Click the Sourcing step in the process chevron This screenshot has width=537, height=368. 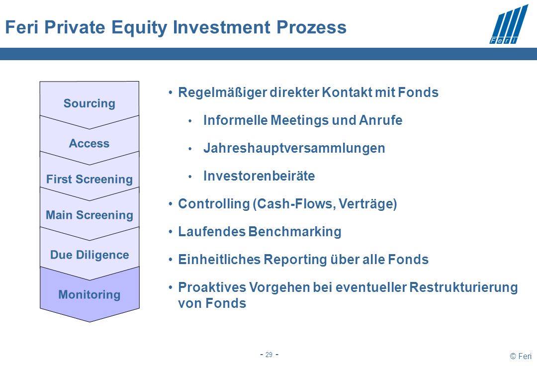(x=89, y=103)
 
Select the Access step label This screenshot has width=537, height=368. (x=89, y=143)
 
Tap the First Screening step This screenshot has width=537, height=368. (x=89, y=179)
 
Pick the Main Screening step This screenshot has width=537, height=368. (x=89, y=215)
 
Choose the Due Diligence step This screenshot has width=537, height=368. (x=89, y=255)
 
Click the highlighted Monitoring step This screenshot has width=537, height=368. (x=89, y=295)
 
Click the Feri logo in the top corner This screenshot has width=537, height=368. (x=509, y=24)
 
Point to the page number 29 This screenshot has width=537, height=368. (x=269, y=355)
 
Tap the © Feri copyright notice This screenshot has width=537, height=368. (x=521, y=356)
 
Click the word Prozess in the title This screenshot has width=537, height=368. (x=311, y=27)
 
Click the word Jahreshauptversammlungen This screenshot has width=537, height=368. (x=294, y=148)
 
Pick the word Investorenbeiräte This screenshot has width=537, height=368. (x=259, y=176)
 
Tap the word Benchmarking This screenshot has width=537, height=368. (x=295, y=232)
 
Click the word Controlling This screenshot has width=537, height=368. (x=214, y=204)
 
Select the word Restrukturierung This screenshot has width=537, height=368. (x=463, y=287)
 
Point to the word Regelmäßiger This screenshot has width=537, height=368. (x=222, y=92)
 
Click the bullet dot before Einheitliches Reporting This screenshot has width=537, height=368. (x=171, y=260)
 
